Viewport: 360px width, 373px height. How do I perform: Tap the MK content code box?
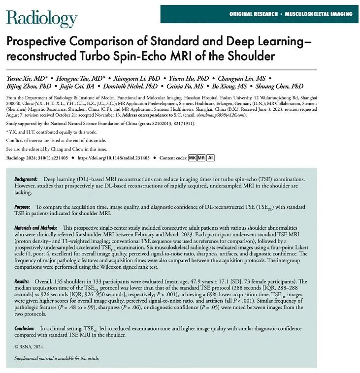[x=193, y=157]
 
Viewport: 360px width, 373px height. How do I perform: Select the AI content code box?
[x=210, y=157]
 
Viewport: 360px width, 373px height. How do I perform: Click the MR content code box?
[x=201, y=157]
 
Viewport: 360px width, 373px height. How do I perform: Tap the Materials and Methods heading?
[x=35, y=228]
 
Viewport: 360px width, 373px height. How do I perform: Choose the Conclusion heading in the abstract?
[x=25, y=328]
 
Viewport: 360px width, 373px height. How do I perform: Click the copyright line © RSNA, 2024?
[x=28, y=347]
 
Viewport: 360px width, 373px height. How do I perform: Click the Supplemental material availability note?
[x=57, y=358]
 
